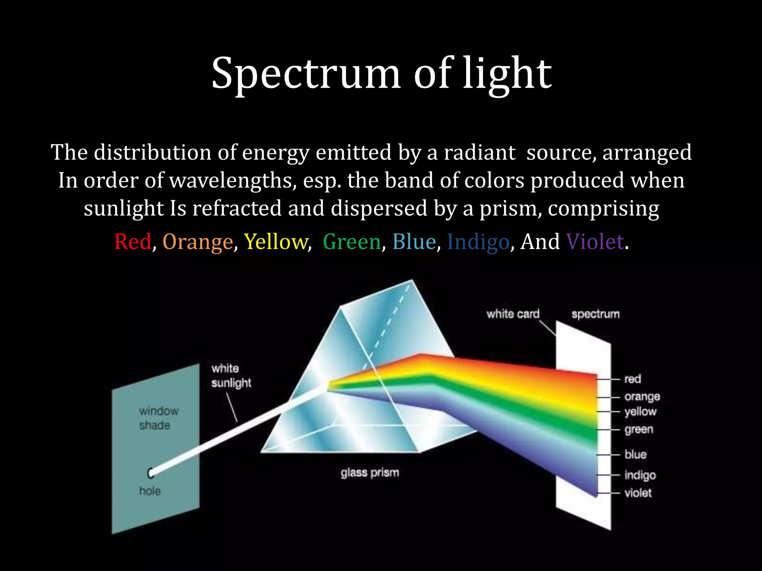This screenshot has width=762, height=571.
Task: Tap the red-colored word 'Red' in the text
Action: (x=133, y=242)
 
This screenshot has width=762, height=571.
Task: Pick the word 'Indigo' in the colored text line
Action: (x=478, y=242)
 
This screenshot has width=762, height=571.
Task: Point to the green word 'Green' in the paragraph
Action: (x=352, y=242)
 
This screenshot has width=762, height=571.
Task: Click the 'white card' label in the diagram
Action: (x=513, y=314)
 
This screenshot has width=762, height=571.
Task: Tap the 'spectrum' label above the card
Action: (x=595, y=314)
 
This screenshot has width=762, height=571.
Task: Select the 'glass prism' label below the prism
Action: (x=369, y=473)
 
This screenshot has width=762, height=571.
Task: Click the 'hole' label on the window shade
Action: (x=150, y=491)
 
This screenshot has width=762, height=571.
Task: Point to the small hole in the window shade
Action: (x=150, y=473)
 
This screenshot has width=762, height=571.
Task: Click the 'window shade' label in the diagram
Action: (x=159, y=418)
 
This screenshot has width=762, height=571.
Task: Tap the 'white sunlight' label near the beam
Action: (x=231, y=375)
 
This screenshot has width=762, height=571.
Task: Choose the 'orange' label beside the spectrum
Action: (x=642, y=397)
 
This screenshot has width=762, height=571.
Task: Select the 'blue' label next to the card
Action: (x=635, y=454)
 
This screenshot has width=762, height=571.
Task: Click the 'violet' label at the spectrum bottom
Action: (x=638, y=493)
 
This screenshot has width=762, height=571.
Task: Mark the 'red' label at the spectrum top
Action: (x=632, y=379)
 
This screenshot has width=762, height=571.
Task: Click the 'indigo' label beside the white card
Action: (x=640, y=475)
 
